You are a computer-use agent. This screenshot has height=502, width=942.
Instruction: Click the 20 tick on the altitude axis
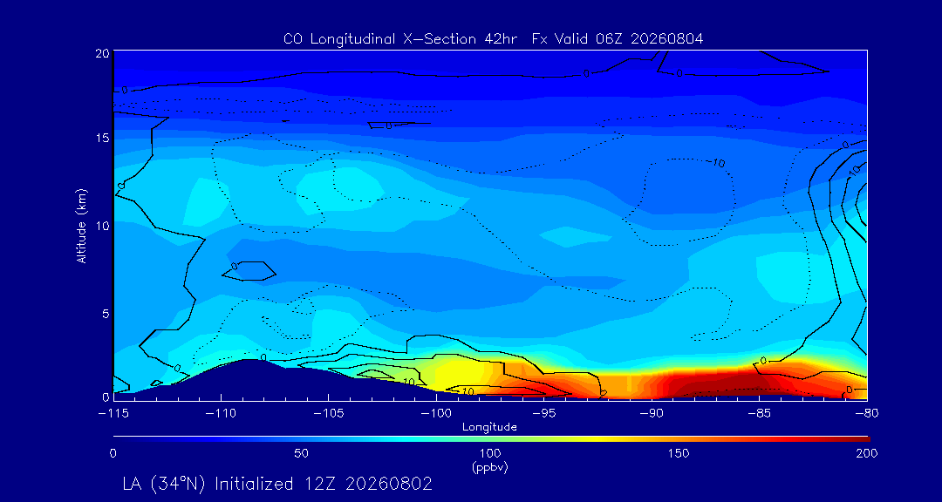[x=101, y=52]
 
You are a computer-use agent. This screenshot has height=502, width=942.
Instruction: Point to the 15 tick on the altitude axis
[x=101, y=138]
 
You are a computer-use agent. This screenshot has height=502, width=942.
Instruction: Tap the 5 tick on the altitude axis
[x=105, y=313]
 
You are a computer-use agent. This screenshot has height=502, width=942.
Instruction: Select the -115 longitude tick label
[x=113, y=414]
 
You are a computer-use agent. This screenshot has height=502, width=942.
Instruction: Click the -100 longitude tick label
[x=436, y=414]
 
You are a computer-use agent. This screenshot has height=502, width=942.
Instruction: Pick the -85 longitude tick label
[x=760, y=414]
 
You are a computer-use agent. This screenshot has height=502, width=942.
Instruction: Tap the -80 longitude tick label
[x=867, y=414]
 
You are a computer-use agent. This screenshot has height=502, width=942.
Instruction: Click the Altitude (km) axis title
[x=82, y=225]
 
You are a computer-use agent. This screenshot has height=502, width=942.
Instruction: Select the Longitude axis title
[x=489, y=428]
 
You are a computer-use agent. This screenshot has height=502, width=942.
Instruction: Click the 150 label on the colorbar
[x=679, y=453]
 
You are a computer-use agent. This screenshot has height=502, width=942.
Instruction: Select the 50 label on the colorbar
[x=302, y=453]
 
